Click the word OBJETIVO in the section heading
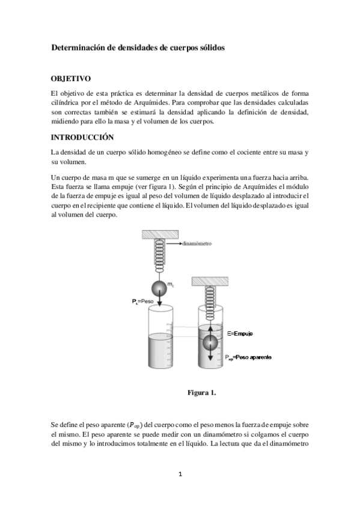(x=71, y=78)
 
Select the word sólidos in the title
(x=211, y=47)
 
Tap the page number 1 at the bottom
(x=180, y=474)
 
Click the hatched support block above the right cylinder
(x=210, y=282)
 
